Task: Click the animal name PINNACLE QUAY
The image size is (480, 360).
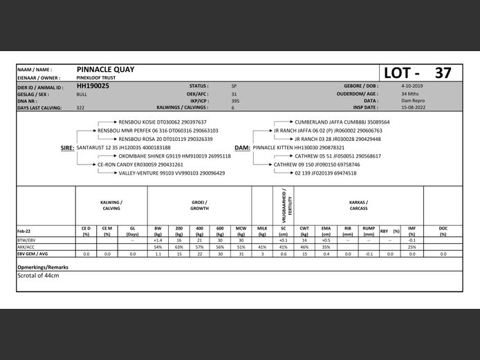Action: point(105,70)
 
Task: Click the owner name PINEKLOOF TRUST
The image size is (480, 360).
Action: point(97,79)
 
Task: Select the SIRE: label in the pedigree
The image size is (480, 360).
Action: point(68,148)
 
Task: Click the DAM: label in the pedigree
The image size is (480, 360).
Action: point(242,148)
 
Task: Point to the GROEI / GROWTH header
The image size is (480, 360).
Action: point(200,205)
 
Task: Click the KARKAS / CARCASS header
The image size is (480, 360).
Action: point(358,205)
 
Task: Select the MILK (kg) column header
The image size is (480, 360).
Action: point(262,231)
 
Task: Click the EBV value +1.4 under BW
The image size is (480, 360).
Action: point(158,240)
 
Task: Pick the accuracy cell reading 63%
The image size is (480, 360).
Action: point(178,247)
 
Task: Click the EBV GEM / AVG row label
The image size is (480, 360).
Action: point(33,254)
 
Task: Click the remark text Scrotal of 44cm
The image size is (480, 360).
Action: point(39,276)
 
